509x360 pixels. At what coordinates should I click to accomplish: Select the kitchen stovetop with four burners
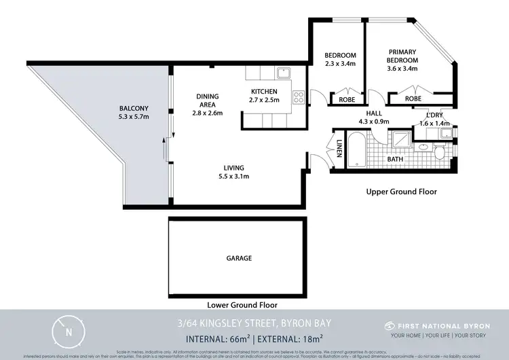click(x=297, y=97)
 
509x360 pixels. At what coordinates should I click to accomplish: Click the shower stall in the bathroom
click(x=403, y=141)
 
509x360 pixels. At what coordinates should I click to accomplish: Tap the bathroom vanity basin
click(x=423, y=146)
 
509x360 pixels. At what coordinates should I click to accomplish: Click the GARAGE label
click(x=239, y=258)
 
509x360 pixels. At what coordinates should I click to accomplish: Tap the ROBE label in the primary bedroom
click(x=413, y=99)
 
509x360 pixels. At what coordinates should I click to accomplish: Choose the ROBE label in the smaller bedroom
click(x=346, y=99)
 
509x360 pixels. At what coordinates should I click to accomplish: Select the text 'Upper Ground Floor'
click(x=401, y=192)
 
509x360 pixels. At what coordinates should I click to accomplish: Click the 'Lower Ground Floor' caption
click(x=242, y=305)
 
